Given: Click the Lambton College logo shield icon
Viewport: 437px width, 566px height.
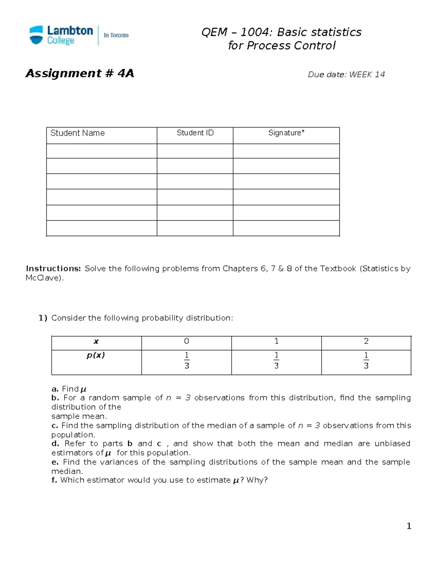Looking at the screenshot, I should click(x=36, y=35).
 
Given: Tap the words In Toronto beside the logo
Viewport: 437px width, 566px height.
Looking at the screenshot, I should click(x=116, y=35).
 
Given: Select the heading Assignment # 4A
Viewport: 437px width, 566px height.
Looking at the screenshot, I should click(x=79, y=74).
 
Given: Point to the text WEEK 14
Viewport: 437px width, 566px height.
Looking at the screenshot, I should click(x=367, y=75).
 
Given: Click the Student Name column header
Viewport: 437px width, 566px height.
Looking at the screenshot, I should click(x=77, y=133).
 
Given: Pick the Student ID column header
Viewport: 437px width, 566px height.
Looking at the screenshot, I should click(x=195, y=133).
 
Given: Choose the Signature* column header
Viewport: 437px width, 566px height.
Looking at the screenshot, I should click(x=286, y=133).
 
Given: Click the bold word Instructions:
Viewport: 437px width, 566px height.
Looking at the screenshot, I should click(x=53, y=269).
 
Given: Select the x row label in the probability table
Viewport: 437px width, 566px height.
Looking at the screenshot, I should click(x=96, y=342).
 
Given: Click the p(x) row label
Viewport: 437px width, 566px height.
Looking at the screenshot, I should click(x=96, y=355).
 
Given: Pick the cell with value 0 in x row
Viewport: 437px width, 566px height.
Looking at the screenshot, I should click(x=186, y=341).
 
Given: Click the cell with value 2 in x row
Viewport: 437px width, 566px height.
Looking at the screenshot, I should click(x=366, y=341).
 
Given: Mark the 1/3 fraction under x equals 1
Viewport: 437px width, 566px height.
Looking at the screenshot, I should click(x=276, y=360).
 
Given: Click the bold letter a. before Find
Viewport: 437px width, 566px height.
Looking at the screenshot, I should click(x=55, y=389).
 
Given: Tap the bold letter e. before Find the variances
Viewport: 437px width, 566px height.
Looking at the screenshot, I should click(x=55, y=462).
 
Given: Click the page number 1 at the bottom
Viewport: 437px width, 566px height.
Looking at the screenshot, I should click(x=409, y=526).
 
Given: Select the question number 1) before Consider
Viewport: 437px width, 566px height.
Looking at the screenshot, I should click(x=43, y=318).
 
